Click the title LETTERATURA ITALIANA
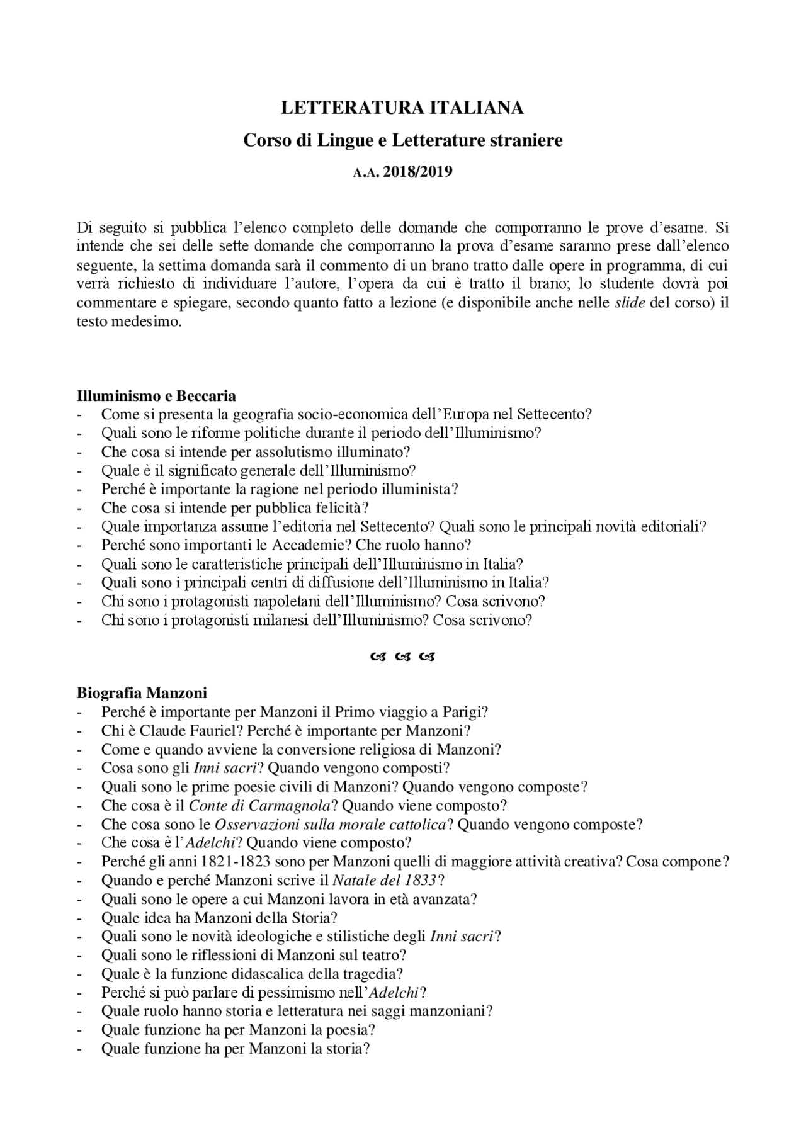coord(402,108)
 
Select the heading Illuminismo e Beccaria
coord(156,396)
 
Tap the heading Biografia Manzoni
coord(142,694)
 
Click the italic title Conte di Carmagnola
coord(260,806)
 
